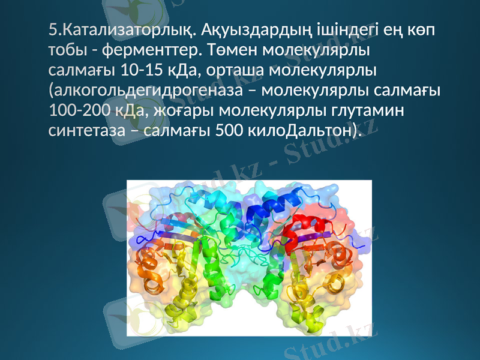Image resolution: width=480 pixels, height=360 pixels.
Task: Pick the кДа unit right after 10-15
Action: tap(180, 70)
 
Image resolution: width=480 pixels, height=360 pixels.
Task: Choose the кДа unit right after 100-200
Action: tap(134, 111)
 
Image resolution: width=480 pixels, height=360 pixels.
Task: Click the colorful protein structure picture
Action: tap(249, 258)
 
